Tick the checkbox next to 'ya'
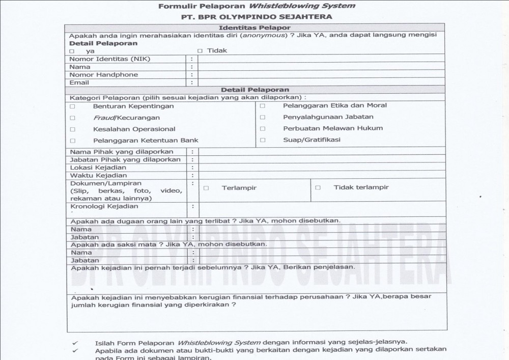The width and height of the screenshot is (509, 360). coord(72,51)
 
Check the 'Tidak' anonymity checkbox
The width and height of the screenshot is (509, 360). coord(200,51)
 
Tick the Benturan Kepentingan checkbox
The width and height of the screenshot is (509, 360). coord(72,106)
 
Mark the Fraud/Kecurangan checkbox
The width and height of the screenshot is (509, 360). coord(72,118)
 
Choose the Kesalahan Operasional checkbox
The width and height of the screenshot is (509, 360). coord(72,129)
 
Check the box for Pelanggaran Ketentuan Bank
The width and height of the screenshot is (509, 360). coord(72,141)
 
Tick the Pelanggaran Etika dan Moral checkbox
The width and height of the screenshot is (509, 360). coord(263,106)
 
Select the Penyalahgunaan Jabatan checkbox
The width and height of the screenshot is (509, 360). coord(263,117)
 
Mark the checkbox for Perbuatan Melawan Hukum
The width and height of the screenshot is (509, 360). coord(263,129)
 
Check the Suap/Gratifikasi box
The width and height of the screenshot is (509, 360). coord(263,140)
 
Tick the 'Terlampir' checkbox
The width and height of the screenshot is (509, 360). coord(206,188)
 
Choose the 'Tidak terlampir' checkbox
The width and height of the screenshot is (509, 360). coord(318,187)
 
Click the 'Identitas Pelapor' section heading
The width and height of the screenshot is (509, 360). coord(254,27)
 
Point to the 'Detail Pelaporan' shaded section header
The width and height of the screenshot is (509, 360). coord(255,90)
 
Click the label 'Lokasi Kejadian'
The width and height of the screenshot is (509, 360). coord(98,168)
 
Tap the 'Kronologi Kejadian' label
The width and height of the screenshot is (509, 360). coord(104,207)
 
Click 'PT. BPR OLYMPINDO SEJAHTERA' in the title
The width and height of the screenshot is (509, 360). coord(257,17)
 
